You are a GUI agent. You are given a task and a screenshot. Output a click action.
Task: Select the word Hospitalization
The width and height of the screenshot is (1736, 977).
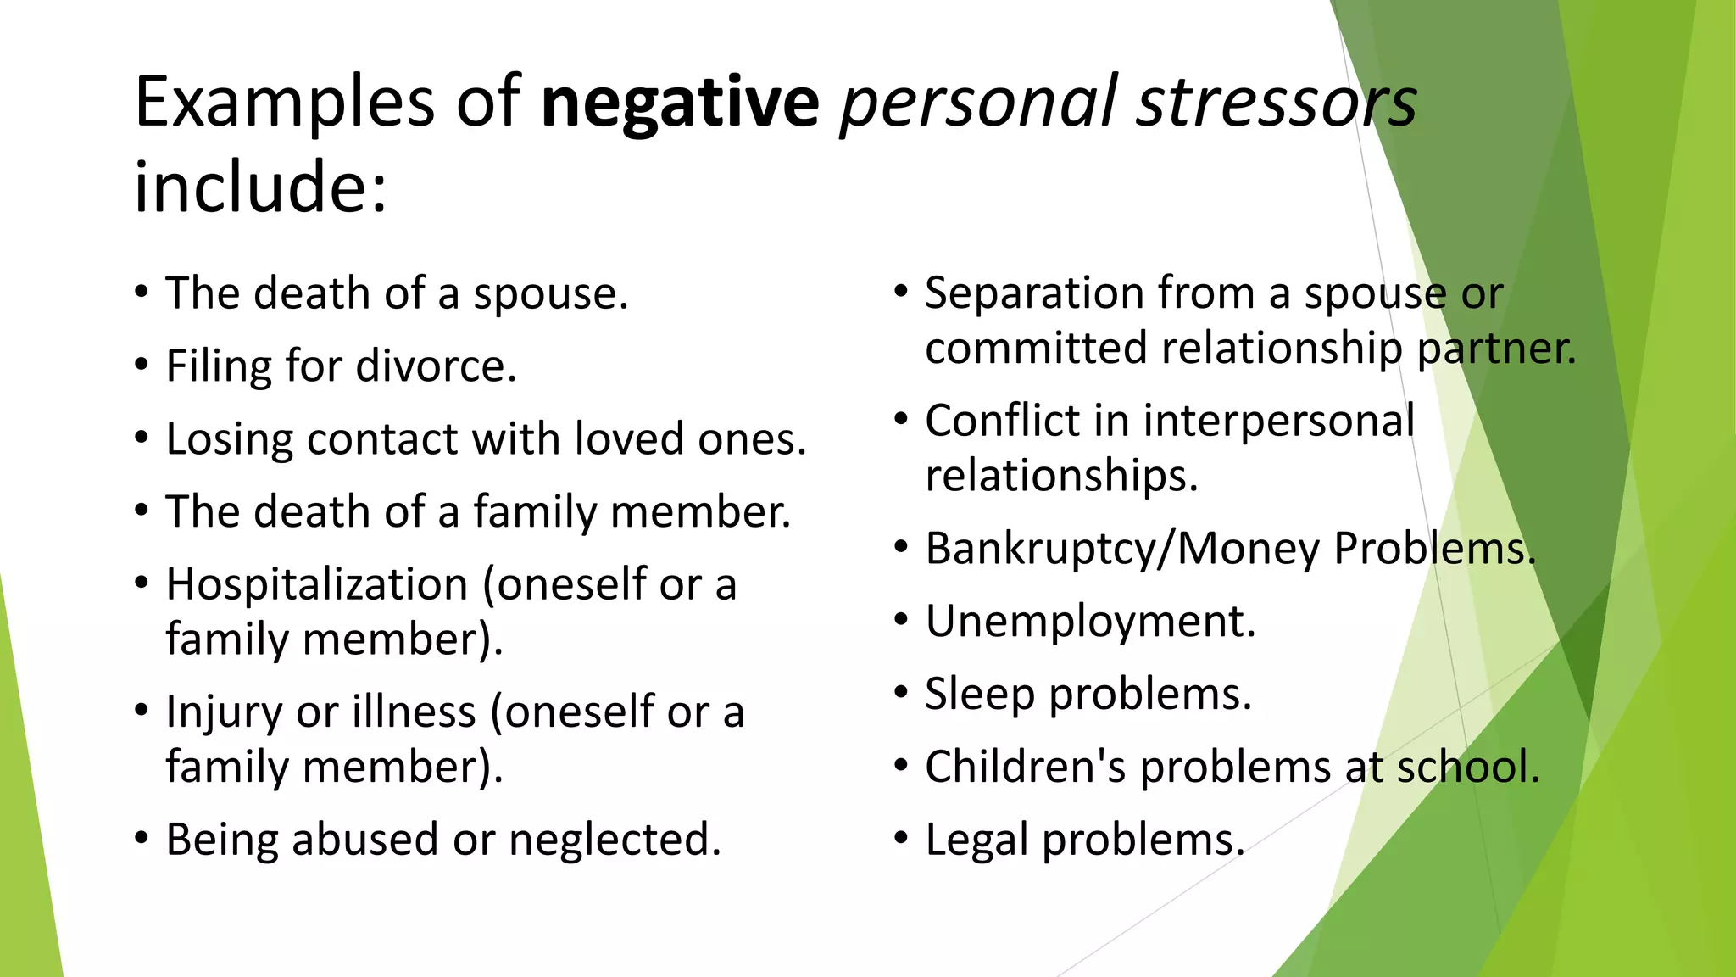[x=317, y=584]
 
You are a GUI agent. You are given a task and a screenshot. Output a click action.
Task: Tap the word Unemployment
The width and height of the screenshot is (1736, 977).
[x=1090, y=622]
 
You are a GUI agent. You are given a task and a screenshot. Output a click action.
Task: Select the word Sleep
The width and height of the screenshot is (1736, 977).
[x=979, y=695]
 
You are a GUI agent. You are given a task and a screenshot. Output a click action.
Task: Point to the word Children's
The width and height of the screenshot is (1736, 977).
[x=1025, y=767]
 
